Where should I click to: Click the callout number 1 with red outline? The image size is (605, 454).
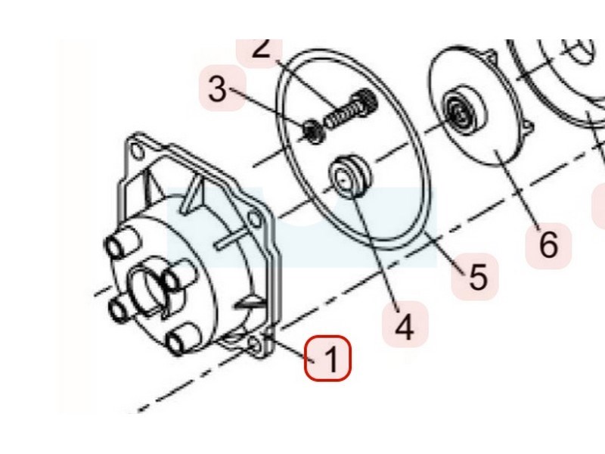pyautogui.click(x=327, y=358)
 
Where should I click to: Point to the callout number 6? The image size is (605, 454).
pyautogui.click(x=548, y=245)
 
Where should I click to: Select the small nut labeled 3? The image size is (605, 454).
pyautogui.click(x=315, y=131)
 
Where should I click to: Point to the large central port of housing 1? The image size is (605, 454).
pyautogui.click(x=147, y=288)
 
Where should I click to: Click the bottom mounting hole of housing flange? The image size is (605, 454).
pyautogui.click(x=255, y=345)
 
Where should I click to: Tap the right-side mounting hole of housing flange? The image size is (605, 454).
pyautogui.click(x=255, y=219)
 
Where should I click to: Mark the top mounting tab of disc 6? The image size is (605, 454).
pyautogui.click(x=491, y=58)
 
